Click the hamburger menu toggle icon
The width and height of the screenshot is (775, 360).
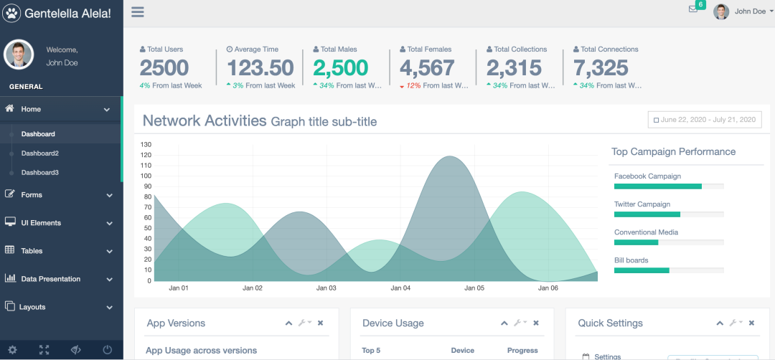tap(138, 11)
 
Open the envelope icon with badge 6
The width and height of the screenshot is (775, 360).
tap(693, 9)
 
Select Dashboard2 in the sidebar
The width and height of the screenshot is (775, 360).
tap(40, 153)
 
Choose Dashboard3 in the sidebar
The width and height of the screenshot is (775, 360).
tap(40, 173)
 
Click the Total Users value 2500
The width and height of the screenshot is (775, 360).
tap(164, 68)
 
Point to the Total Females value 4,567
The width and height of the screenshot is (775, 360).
tap(427, 68)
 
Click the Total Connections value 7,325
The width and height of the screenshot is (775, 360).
tap(601, 68)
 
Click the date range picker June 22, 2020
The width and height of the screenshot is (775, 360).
tap(705, 120)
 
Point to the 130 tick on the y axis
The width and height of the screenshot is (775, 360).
tap(146, 144)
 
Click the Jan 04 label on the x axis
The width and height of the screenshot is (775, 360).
tap(400, 288)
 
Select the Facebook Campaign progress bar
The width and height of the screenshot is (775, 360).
tap(668, 186)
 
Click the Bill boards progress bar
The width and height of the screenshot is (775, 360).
tap(668, 270)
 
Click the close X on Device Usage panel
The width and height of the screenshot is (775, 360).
tap(536, 323)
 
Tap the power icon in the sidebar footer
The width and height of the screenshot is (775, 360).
tap(108, 350)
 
